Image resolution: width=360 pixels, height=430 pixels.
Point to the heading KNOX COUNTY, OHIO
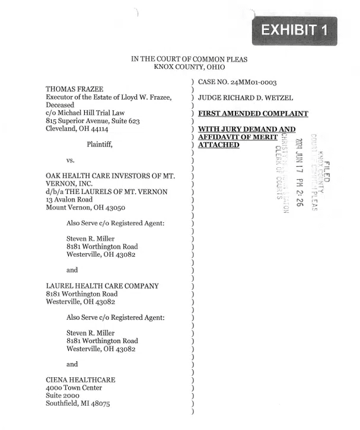tap(189, 68)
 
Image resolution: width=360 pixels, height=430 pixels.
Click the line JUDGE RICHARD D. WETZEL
tap(246, 97)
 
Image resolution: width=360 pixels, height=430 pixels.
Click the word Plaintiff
tap(100, 144)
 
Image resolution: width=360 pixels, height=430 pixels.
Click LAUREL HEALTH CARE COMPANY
tap(103, 286)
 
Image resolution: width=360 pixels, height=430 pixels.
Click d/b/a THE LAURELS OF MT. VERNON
tap(107, 192)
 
